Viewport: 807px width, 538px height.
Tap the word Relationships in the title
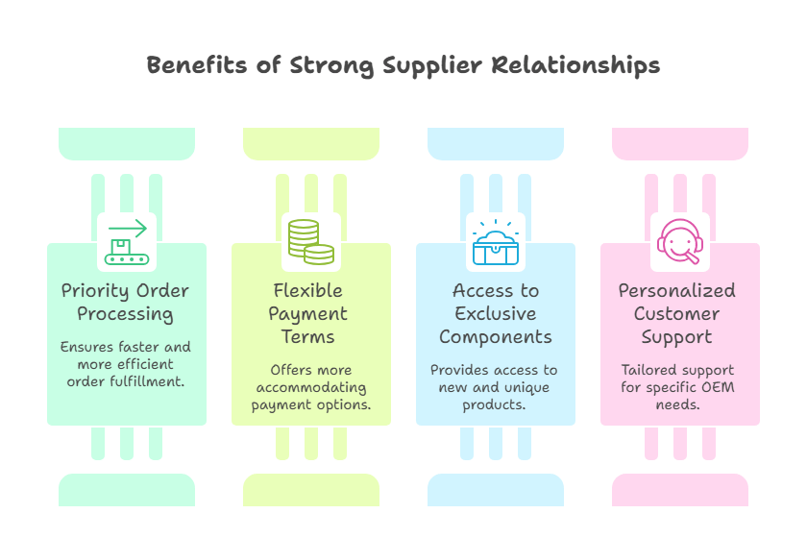(x=575, y=65)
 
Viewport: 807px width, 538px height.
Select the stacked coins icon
(x=310, y=242)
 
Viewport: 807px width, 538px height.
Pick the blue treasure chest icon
(x=495, y=242)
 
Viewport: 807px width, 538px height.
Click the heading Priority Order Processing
(x=126, y=302)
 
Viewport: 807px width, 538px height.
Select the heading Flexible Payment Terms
(x=310, y=313)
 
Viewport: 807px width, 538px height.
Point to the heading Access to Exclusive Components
(x=495, y=313)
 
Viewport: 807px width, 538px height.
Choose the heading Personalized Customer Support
(x=679, y=313)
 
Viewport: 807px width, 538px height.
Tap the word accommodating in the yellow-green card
(x=310, y=387)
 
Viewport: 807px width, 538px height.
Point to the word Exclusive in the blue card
(x=495, y=313)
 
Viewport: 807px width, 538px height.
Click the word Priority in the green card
(x=97, y=290)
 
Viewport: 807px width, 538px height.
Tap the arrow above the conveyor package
(x=133, y=228)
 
